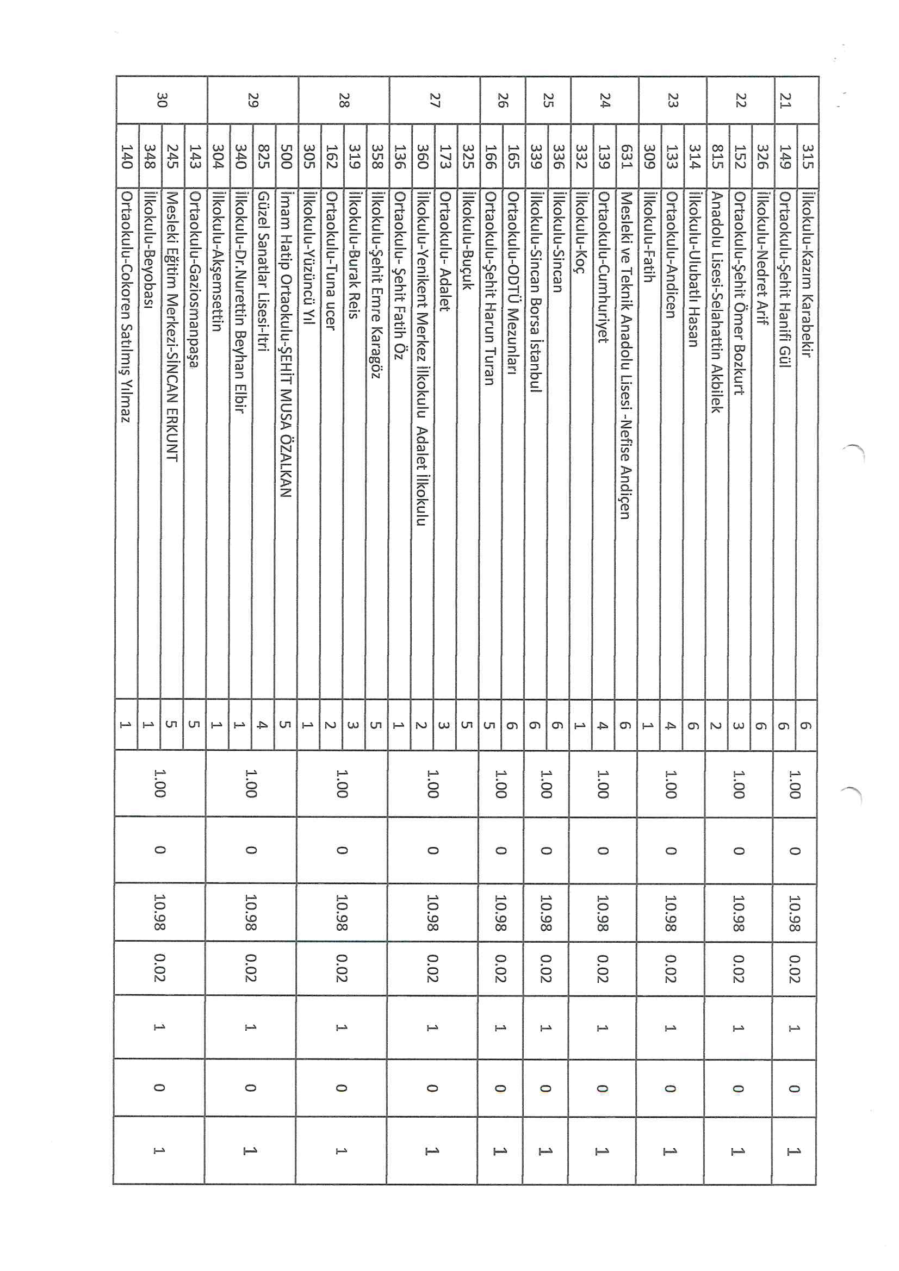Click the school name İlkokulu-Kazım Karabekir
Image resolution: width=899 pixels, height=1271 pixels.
click(808, 274)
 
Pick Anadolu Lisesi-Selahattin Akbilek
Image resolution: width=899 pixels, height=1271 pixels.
click(717, 302)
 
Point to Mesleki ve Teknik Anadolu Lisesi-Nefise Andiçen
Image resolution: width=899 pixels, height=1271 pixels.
click(625, 355)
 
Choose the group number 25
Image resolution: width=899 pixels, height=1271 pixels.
click(548, 100)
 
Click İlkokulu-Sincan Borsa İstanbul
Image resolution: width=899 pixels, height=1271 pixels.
click(536, 291)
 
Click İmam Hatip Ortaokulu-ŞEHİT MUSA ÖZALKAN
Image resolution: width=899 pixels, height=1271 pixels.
click(286, 344)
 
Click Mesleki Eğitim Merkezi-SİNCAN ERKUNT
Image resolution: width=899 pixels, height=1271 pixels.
click(172, 326)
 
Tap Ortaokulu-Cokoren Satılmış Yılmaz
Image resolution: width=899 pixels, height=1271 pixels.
click(126, 307)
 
